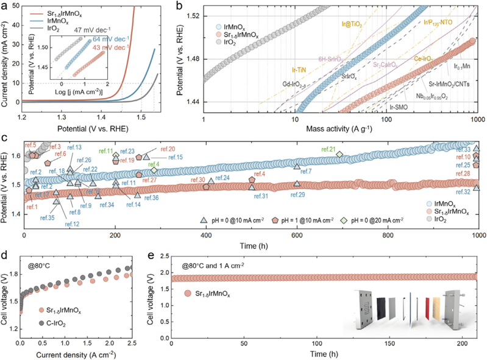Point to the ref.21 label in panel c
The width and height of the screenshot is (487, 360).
(328, 149)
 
